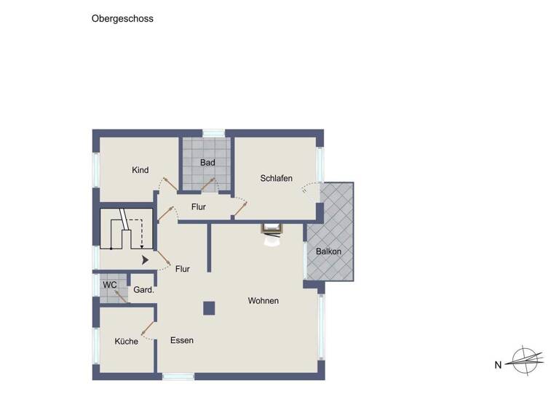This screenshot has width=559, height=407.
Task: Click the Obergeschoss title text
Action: coord(122,19)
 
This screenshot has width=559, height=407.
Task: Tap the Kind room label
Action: coord(140,170)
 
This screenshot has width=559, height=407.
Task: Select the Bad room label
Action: coord(207,163)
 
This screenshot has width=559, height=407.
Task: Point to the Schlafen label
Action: coord(277,178)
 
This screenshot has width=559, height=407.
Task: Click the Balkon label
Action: coord(329,251)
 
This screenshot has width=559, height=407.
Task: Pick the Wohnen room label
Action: coord(263,300)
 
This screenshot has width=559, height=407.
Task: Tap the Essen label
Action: coord(182,340)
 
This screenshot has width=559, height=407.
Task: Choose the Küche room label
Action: coord(126,341)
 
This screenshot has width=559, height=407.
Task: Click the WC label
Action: coord(109,284)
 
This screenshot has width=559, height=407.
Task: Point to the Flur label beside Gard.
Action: coord(182,269)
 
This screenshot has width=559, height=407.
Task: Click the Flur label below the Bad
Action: coord(198,207)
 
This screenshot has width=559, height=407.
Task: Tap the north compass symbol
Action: coord(524,360)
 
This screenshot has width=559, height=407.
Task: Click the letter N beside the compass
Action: coord(499,366)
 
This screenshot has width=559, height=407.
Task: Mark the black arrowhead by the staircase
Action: coord(146,259)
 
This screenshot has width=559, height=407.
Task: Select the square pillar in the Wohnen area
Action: coord(209,308)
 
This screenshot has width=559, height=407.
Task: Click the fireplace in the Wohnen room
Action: coord(273,230)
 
